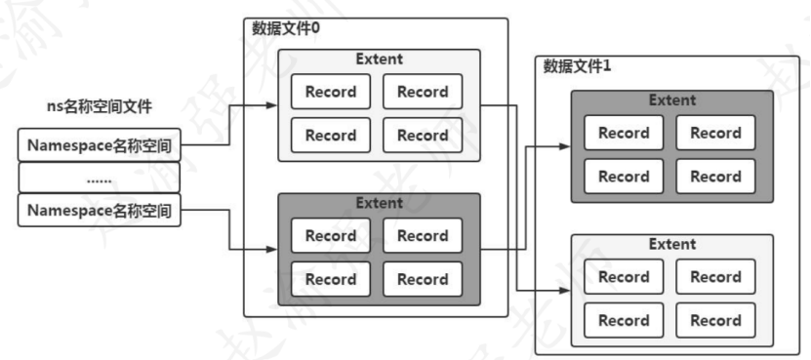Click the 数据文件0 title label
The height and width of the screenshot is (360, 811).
click(286, 29)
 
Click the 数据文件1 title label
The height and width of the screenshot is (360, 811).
click(577, 67)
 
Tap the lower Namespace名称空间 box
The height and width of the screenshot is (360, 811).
click(100, 210)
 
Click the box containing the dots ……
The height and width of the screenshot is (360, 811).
click(100, 179)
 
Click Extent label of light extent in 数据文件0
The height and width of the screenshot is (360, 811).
click(379, 60)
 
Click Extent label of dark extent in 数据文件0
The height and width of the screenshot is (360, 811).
click(379, 203)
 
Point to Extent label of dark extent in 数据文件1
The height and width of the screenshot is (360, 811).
click(671, 100)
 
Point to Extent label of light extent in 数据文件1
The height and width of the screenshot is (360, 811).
click(671, 244)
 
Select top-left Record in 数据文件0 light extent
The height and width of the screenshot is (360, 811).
click(330, 93)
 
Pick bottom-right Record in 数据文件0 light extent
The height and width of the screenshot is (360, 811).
click(422, 136)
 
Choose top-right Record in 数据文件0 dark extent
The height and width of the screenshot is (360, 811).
click(422, 236)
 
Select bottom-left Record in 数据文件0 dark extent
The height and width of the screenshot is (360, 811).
click(330, 279)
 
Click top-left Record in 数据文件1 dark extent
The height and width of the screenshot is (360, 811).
click(624, 133)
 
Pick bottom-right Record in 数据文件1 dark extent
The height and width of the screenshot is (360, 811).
click(715, 177)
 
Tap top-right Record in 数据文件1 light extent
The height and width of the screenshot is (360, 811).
click(715, 276)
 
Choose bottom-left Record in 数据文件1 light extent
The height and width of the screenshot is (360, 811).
click(624, 320)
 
